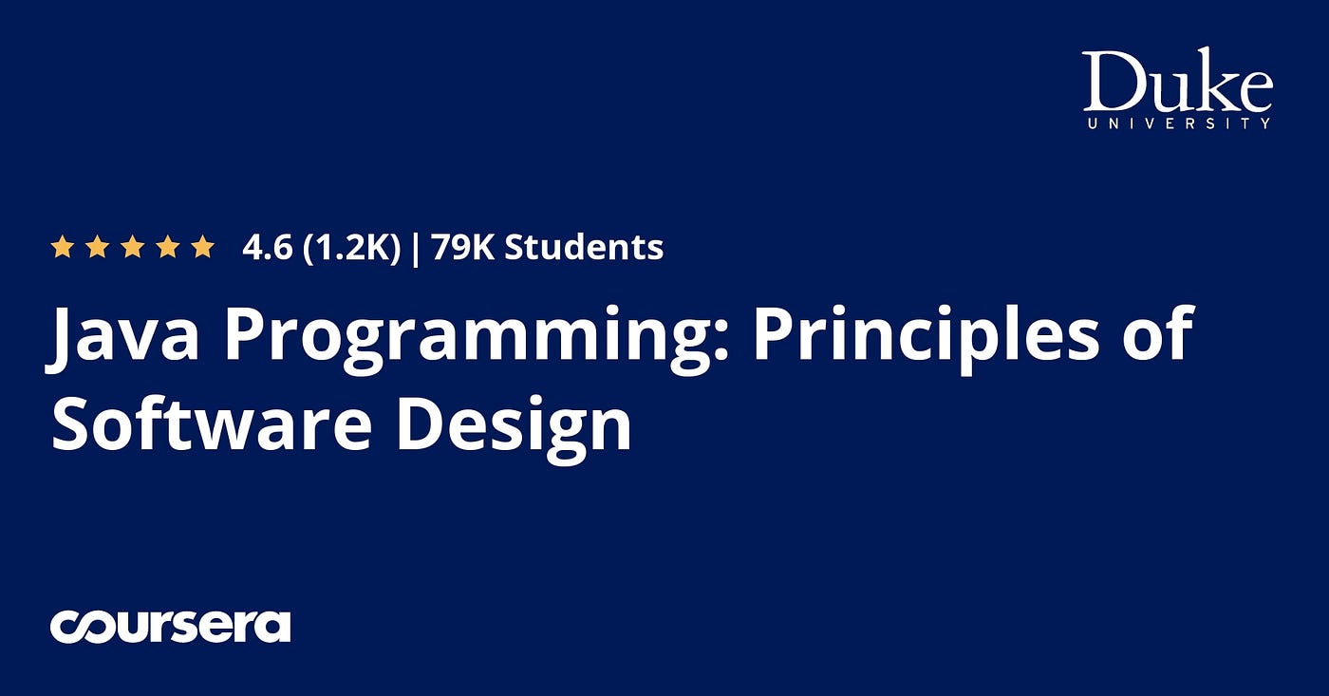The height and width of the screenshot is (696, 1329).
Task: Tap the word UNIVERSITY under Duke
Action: click(x=1178, y=122)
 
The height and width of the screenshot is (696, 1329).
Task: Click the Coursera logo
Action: click(x=170, y=626)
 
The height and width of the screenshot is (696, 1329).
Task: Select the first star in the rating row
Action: click(x=62, y=246)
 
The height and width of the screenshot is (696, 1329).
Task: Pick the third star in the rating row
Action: click(x=132, y=246)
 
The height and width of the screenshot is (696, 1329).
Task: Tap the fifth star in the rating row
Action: click(x=203, y=246)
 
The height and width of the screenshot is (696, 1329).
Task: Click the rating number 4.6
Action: click(x=267, y=247)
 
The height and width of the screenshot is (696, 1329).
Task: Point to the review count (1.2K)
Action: click(x=352, y=248)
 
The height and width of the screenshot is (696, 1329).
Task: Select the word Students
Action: click(x=585, y=247)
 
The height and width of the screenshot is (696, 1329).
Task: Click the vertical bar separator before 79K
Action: click(x=416, y=248)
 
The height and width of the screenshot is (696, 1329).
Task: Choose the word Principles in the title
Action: click(x=926, y=337)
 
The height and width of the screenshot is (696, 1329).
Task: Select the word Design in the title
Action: click(x=515, y=428)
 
